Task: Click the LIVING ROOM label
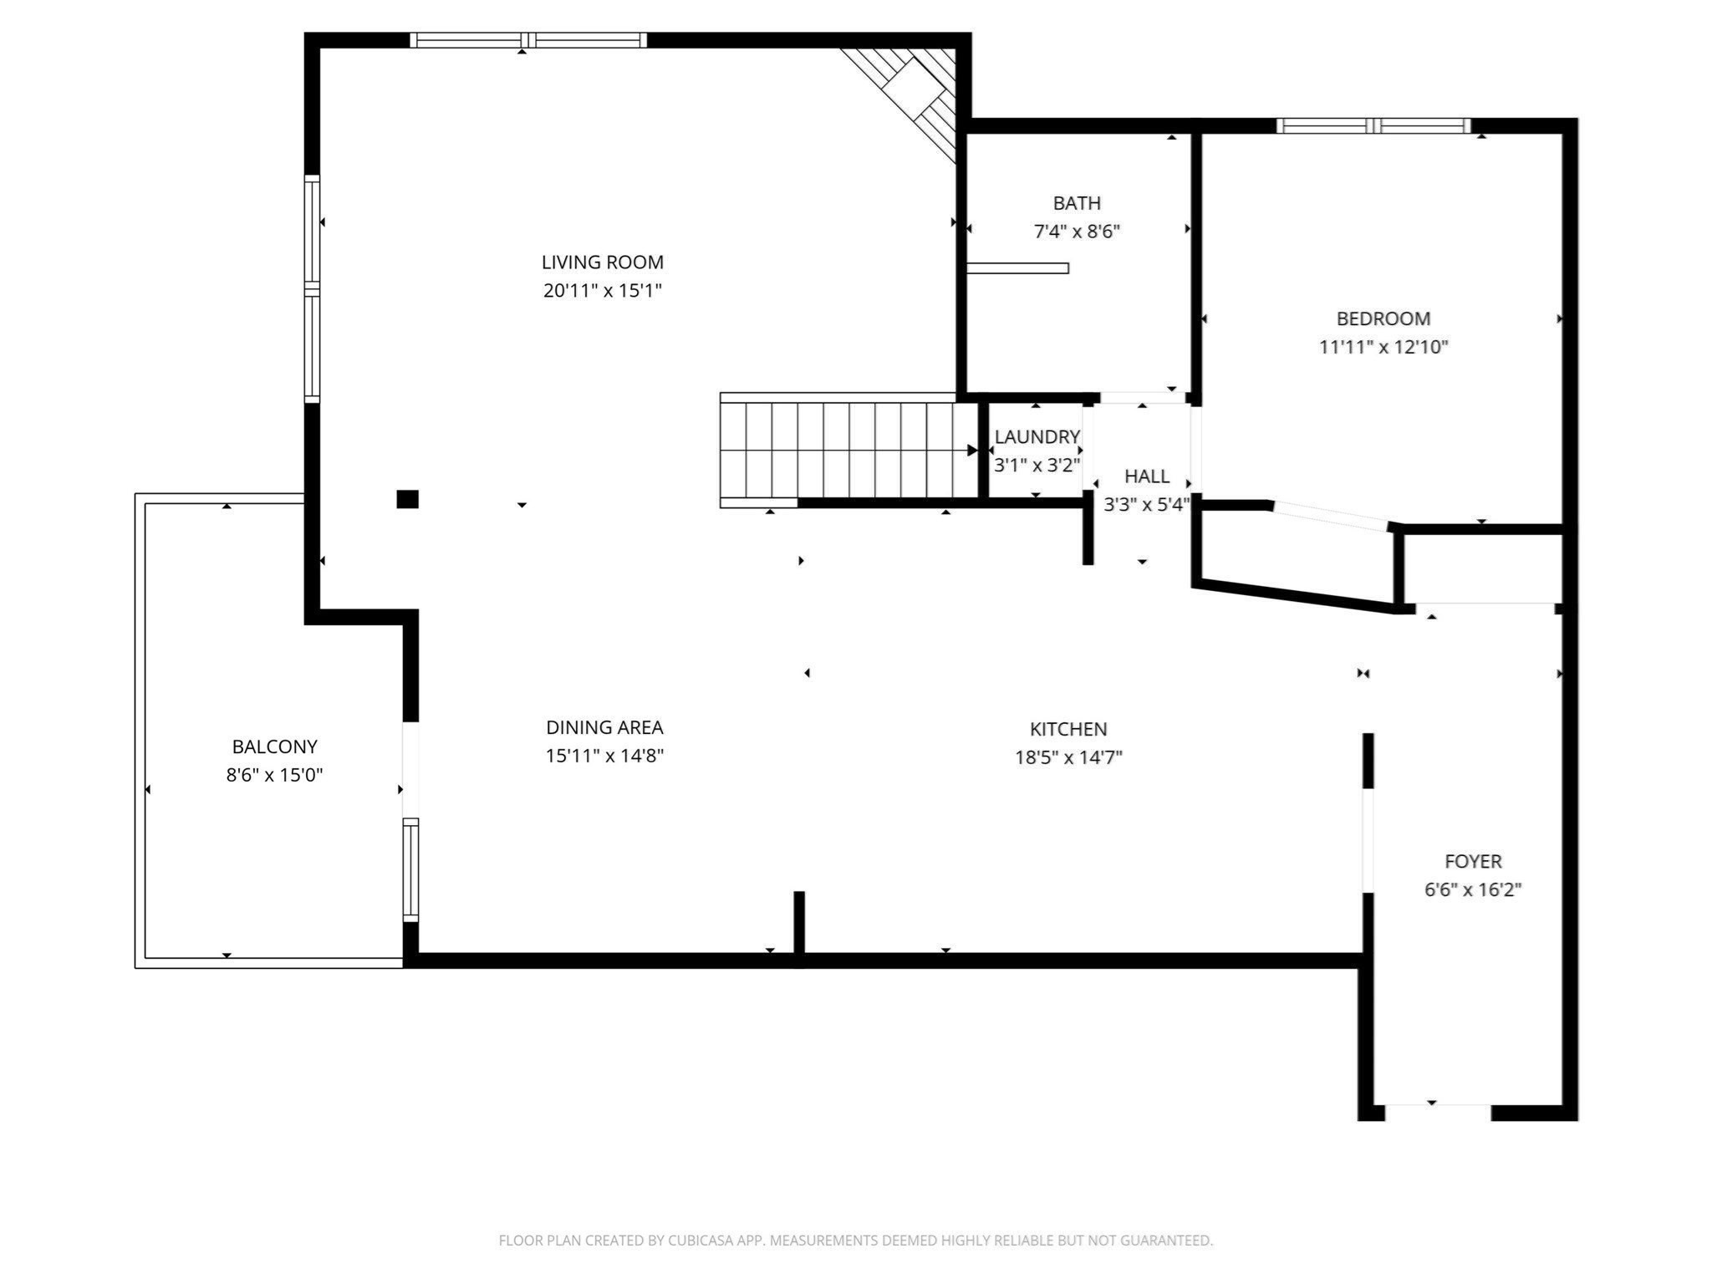tap(602, 262)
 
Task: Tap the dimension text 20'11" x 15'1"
tap(602, 291)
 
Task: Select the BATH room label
tap(1077, 203)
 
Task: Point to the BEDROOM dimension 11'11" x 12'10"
tap(1383, 347)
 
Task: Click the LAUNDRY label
tap(1037, 436)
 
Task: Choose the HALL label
tap(1146, 476)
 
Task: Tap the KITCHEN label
tap(1067, 729)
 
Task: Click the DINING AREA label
tap(604, 727)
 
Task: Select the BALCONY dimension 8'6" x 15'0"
tap(274, 775)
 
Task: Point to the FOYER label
tap(1473, 861)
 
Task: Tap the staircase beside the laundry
tap(848, 450)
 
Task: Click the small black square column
tap(407, 499)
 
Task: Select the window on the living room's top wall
tap(527, 40)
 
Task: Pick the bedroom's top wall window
tap(1373, 126)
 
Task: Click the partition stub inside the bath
tap(1017, 268)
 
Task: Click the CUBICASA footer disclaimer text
tap(855, 1241)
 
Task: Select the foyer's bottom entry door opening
tap(1438, 1112)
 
